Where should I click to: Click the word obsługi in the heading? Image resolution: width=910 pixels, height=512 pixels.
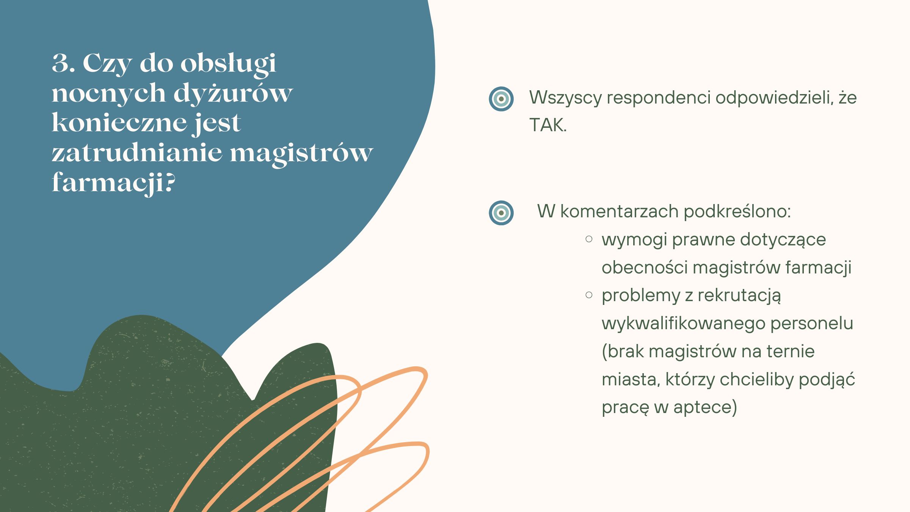point(228,64)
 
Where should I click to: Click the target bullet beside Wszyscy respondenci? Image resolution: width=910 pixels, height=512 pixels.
point(501,99)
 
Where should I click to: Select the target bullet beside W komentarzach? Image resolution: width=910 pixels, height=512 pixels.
point(501,213)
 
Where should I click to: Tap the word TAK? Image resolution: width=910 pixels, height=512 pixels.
point(548,125)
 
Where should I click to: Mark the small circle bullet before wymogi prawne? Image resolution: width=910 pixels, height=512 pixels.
point(589,239)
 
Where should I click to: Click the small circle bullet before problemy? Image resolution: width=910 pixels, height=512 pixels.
point(589,295)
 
